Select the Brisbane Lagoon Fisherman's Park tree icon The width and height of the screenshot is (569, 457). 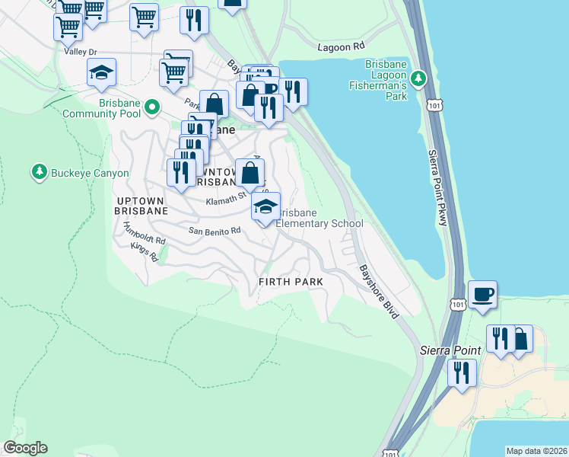click(x=418, y=78)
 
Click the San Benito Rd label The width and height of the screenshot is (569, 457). click(x=215, y=230)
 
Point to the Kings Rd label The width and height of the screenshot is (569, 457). click(x=143, y=251)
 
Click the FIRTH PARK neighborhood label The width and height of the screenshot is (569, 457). click(x=291, y=282)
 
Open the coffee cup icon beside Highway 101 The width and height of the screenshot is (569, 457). click(x=483, y=294)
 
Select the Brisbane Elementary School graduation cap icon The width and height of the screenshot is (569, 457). click(x=265, y=206)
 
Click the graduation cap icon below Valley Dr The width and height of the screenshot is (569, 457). click(x=101, y=73)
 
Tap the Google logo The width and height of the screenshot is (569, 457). click(x=24, y=448)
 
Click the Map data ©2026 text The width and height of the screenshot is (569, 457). click(x=536, y=451)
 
